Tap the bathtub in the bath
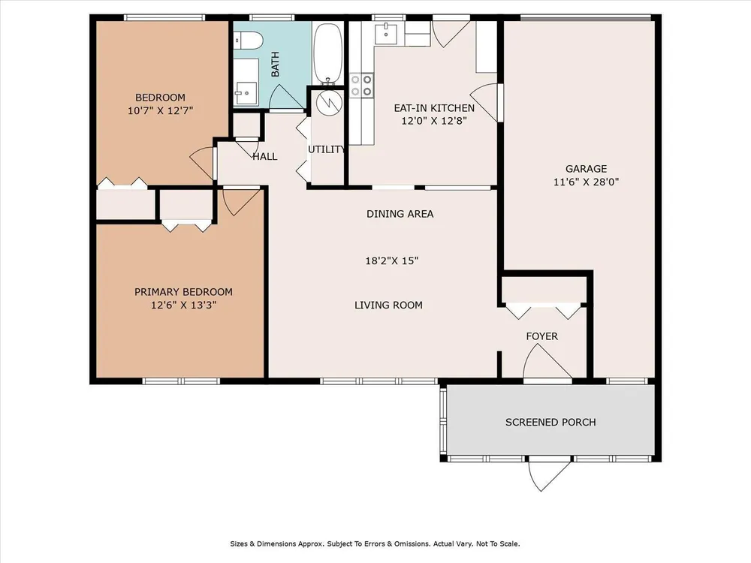[x=328, y=53]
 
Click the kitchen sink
[x=386, y=33]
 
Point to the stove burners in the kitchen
[x=361, y=86]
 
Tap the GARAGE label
[x=587, y=168]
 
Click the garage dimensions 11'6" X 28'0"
[x=587, y=182]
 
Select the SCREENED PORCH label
[x=550, y=422]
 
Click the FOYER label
[x=541, y=336]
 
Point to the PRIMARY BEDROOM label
[x=183, y=292]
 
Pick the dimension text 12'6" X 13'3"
[x=184, y=306]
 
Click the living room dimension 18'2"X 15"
[x=392, y=261]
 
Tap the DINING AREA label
[x=400, y=214]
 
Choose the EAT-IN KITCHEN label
[x=434, y=108]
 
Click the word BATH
[x=276, y=64]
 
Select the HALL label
[x=265, y=157]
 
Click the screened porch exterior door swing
[x=550, y=474]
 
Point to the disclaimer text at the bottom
[x=375, y=543]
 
